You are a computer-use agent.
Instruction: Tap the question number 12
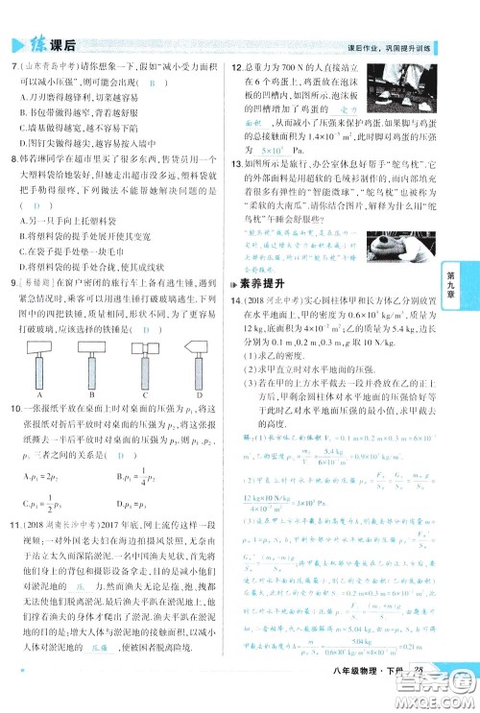pyautogui.click(x=237, y=67)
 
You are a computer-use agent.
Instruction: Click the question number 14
pyautogui.click(x=237, y=302)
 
